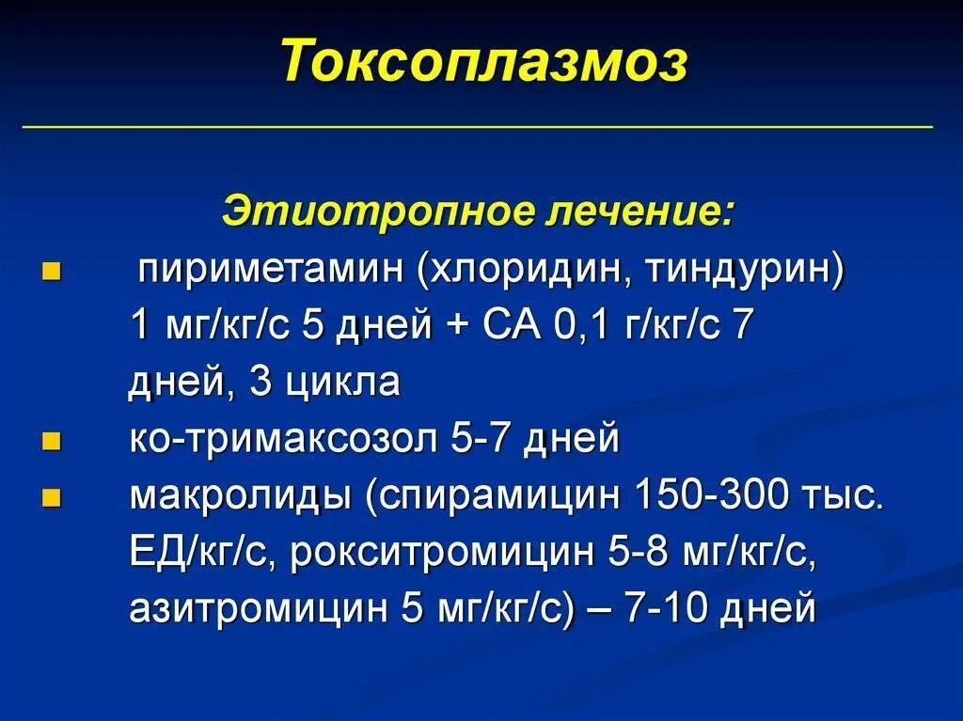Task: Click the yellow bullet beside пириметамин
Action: tap(52, 274)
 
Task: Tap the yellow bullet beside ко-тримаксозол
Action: tap(52, 441)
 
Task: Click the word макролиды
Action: tap(240, 496)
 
